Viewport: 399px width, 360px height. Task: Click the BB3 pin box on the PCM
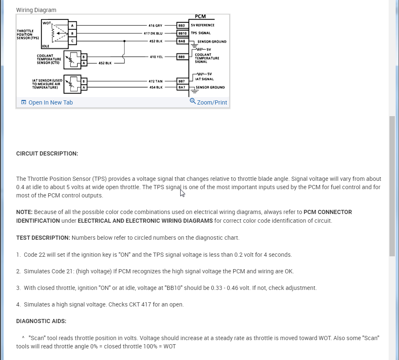pos(181,25)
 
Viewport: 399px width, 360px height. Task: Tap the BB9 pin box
pos(181,56)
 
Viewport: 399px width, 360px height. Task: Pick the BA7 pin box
pos(181,88)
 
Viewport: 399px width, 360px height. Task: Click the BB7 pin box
pos(181,81)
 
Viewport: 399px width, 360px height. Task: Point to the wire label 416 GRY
pos(155,26)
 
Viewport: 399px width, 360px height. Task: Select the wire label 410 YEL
pos(156,57)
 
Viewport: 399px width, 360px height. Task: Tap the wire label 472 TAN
pos(155,81)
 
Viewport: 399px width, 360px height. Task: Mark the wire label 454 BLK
pos(156,88)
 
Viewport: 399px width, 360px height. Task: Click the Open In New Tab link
pos(50,102)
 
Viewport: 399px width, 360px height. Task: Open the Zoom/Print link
pos(212,102)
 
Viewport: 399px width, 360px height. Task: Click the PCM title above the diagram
pos(200,17)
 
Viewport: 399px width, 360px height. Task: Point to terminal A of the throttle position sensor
pos(72,26)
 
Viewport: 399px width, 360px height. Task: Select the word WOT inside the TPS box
pos(47,23)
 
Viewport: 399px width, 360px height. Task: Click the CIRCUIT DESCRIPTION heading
pos(47,153)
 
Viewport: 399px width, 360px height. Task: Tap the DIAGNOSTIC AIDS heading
pos(41,321)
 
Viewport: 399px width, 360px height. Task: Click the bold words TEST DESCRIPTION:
pos(43,238)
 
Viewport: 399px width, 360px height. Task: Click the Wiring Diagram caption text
pos(36,10)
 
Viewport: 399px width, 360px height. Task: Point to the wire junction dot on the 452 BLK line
pos(125,41)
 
